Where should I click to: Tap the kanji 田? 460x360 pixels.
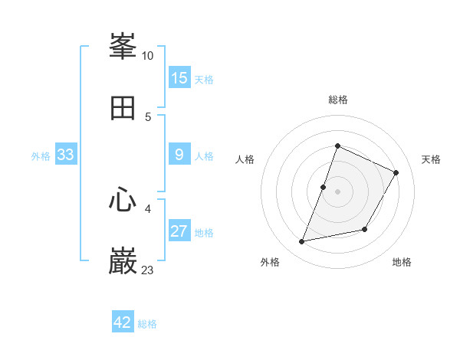123,108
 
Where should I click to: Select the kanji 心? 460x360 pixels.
123,201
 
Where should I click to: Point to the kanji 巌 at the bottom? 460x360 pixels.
123,262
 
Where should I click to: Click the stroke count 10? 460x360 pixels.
148,56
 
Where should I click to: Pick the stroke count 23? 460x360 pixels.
148,270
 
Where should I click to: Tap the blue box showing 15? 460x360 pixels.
179,77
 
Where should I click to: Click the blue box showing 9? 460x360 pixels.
179,155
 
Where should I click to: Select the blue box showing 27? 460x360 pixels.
179,231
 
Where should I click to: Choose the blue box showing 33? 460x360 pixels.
66,155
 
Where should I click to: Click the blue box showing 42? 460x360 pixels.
123,322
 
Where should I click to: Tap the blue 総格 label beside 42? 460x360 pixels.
147,324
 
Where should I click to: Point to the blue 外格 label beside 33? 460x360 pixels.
41,156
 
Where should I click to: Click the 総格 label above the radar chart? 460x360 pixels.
338,100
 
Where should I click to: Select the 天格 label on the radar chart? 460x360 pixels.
432,159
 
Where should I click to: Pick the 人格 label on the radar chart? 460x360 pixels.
245,159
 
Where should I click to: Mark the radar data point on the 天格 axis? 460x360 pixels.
396,173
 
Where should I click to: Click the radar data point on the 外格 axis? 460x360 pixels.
302,241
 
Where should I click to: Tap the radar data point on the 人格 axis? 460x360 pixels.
324,187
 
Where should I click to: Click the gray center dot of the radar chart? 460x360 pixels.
338,191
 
